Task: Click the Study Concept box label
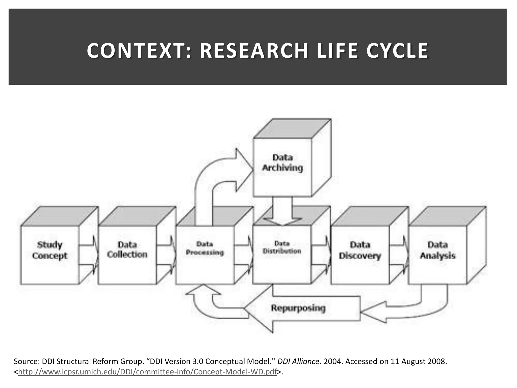point(50,250)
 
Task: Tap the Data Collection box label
point(127,250)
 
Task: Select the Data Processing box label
point(205,248)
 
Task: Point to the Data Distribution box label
point(282,247)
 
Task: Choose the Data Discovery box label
point(360,250)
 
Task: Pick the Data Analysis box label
point(437,250)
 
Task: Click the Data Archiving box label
point(282,163)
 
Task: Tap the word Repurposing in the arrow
point(298,308)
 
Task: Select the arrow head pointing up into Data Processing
point(203,290)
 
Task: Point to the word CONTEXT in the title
point(136,51)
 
